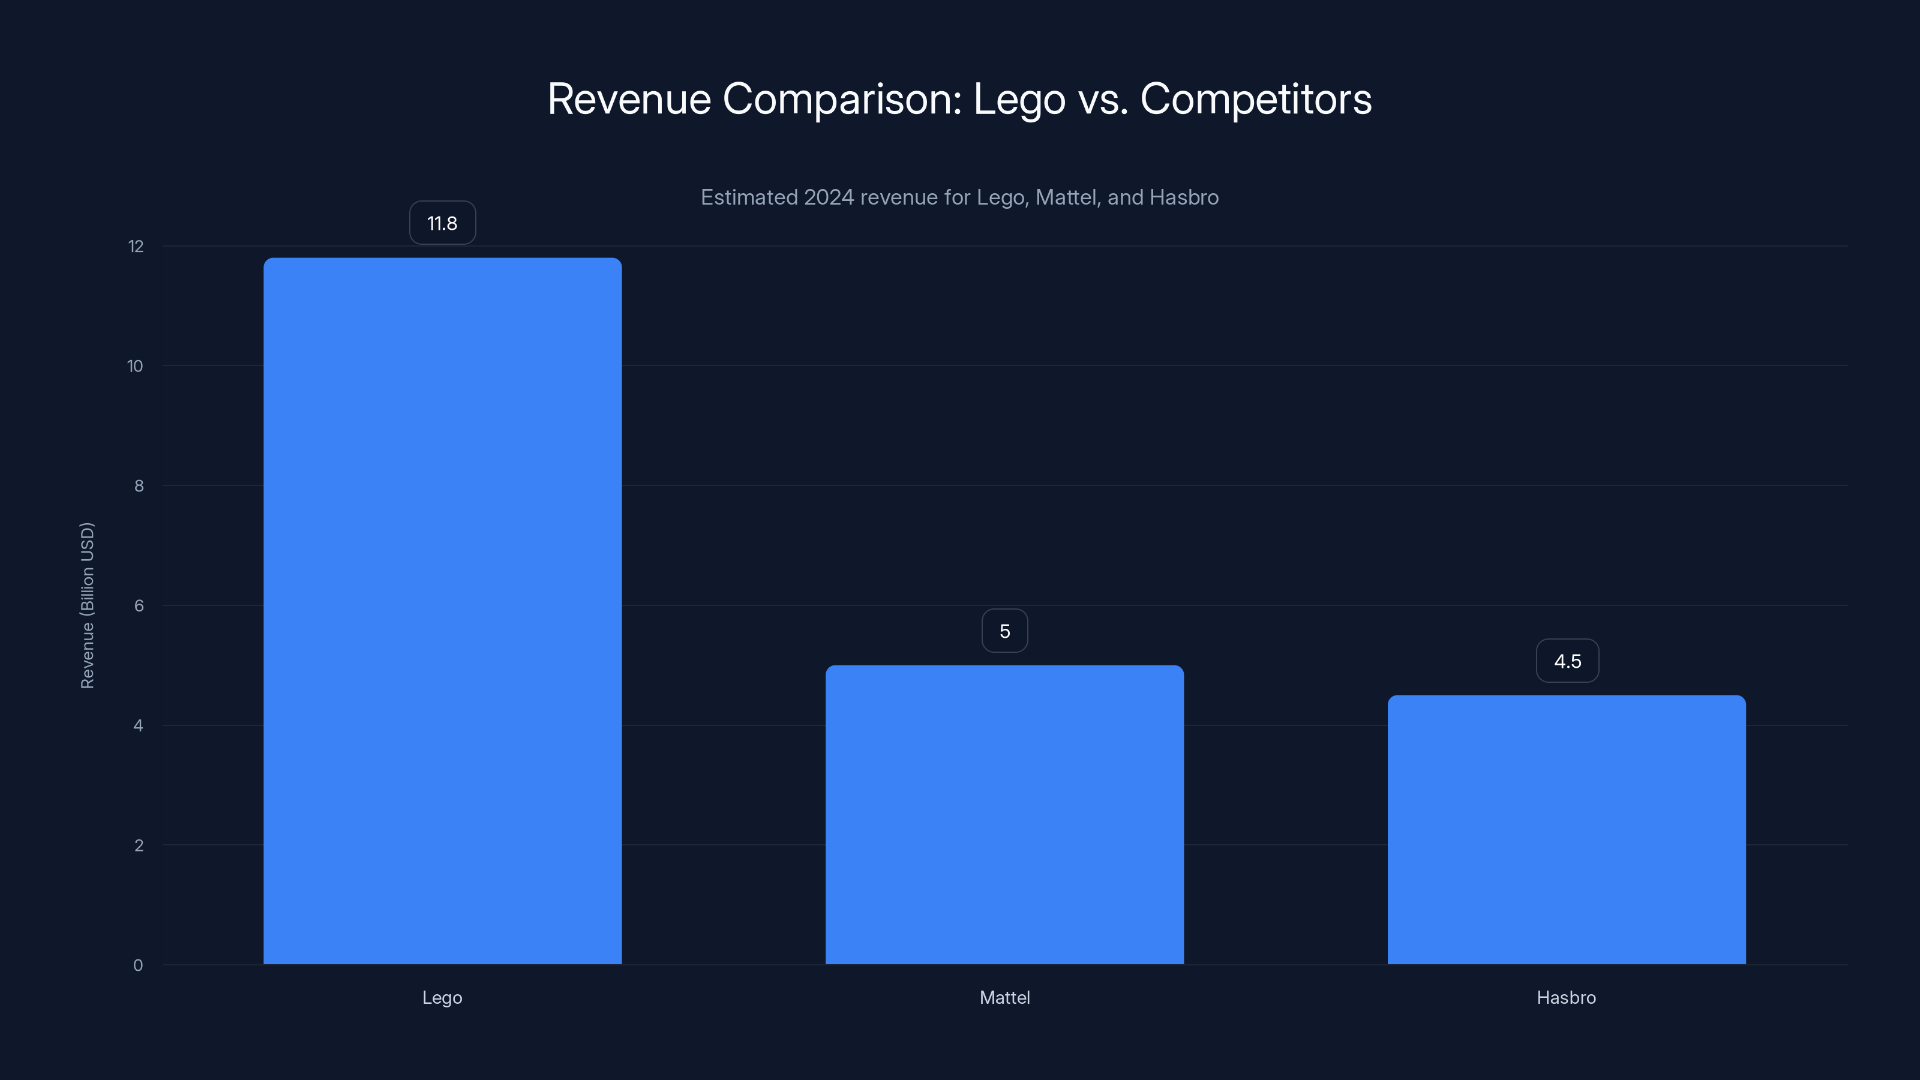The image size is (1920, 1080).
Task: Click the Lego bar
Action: pos(442,611)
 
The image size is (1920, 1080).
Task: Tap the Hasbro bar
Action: pos(1566,830)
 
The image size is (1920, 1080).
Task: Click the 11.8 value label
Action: pos(442,223)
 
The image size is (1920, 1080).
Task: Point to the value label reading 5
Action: pos(1005,631)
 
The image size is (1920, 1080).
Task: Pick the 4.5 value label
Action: pos(1567,661)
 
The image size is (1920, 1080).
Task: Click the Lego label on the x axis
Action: pos(442,997)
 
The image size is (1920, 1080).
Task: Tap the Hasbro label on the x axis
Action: pos(1566,997)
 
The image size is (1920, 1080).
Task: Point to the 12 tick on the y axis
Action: pos(136,246)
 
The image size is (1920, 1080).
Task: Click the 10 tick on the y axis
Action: pos(135,366)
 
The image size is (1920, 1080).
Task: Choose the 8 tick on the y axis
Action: pos(139,486)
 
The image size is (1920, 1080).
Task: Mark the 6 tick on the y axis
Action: pos(139,606)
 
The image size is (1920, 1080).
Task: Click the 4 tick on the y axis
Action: pos(138,725)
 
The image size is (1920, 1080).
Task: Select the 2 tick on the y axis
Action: pos(139,845)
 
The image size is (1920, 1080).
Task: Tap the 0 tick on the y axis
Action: pos(138,965)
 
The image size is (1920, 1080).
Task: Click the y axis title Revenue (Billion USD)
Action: pos(87,605)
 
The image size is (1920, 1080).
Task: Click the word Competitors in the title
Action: pos(1255,98)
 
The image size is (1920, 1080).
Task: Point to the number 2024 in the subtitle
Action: pos(828,197)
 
